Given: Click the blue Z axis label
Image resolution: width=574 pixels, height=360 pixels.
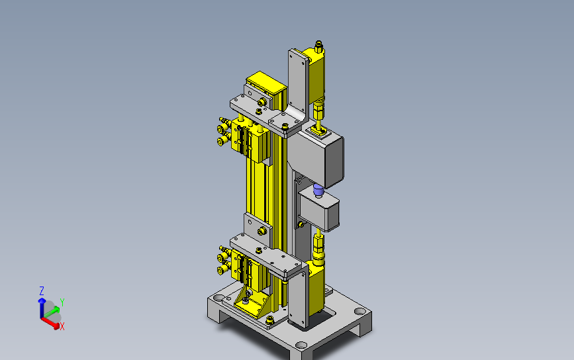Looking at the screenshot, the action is click(x=41, y=291).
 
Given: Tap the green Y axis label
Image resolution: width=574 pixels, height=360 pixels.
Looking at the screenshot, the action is click(x=62, y=302).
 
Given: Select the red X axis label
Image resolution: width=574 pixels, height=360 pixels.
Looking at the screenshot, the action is click(x=62, y=327).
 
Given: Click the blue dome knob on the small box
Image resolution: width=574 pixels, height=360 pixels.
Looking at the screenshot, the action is click(x=318, y=191).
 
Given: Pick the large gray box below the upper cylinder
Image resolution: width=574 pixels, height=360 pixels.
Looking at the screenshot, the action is click(x=316, y=155).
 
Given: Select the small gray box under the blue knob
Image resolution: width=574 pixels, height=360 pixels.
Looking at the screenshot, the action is click(x=319, y=210).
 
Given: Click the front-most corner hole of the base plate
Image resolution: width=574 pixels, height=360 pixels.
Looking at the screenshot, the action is click(x=301, y=345).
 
